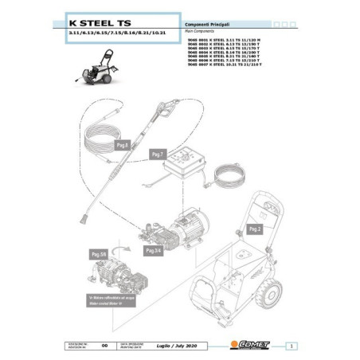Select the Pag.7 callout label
[x=157, y=154]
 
